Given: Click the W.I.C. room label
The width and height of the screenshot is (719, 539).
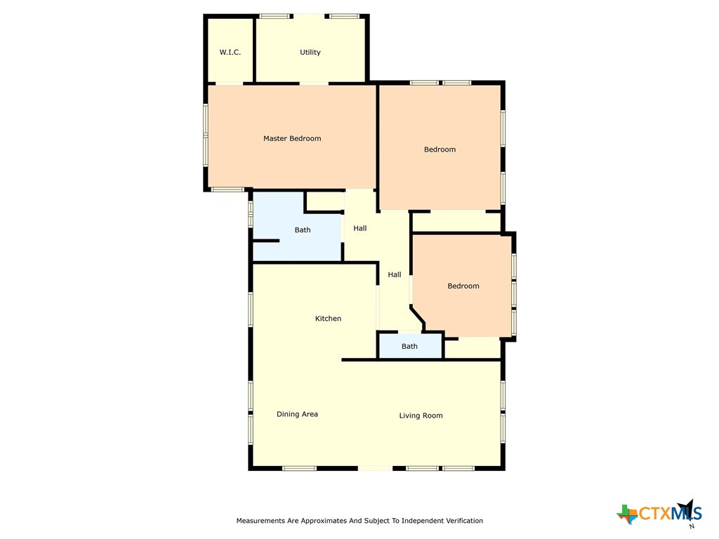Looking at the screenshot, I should (x=230, y=53).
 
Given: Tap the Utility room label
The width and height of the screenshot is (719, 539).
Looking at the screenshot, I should (x=310, y=53).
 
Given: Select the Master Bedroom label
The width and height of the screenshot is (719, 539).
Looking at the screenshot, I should (x=292, y=138).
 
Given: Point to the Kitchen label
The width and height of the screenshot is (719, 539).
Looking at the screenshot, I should (x=328, y=319).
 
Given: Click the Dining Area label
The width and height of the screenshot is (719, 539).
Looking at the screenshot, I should (x=297, y=414).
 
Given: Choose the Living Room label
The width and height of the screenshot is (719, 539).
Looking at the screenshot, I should (x=421, y=415).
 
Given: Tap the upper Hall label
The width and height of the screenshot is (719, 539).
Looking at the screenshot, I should (x=360, y=228).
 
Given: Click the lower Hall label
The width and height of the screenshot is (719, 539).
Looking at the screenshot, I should (x=395, y=274).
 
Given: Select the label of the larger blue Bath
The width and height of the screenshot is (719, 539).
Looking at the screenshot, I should (x=303, y=230).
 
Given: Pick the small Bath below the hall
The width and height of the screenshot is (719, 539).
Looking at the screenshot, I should (x=409, y=347).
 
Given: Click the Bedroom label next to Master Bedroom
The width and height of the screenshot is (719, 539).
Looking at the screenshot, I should (x=440, y=149).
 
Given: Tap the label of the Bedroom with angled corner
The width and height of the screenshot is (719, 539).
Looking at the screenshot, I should (x=463, y=286).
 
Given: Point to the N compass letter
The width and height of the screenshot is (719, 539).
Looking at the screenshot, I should (x=691, y=526).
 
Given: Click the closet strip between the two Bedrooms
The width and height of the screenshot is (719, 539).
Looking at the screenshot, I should (x=456, y=221).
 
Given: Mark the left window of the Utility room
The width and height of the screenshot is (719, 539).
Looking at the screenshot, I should (x=275, y=16).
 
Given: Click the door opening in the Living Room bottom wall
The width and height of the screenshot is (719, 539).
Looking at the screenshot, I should (x=375, y=468).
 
